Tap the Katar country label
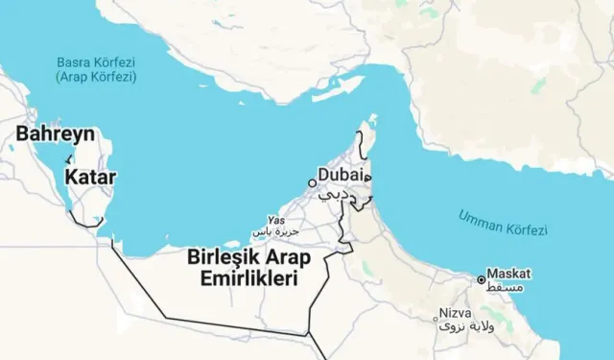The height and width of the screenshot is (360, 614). (91, 177)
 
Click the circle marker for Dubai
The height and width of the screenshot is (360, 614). (312, 182)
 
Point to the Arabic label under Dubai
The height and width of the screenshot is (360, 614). (336, 195)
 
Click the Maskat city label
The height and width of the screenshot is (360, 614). (508, 274)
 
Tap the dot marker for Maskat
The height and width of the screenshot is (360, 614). (482, 280)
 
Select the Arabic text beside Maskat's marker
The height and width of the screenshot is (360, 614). (508, 287)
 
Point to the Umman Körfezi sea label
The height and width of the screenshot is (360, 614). (503, 222)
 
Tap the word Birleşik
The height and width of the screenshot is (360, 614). (220, 257)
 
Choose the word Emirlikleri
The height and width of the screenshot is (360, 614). (244, 278)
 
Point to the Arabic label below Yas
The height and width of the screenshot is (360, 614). (276, 232)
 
